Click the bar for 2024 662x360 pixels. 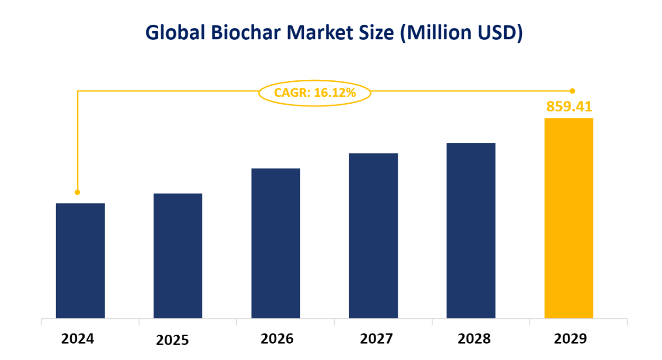pyautogui.click(x=80, y=261)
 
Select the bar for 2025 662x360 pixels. pyautogui.click(x=178, y=256)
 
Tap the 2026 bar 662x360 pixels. pyautogui.click(x=276, y=243)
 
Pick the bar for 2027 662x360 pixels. pyautogui.click(x=374, y=236)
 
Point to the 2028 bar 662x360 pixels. pyautogui.click(x=471, y=230)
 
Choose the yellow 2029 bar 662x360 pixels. pyautogui.click(x=568, y=218)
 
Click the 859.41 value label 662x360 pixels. pyautogui.click(x=569, y=106)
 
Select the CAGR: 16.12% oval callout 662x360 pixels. pyautogui.click(x=314, y=93)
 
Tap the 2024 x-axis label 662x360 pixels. pyautogui.click(x=78, y=338)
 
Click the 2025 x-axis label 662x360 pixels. pyautogui.click(x=172, y=340)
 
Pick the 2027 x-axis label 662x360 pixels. pyautogui.click(x=376, y=338)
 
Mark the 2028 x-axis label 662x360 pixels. pyautogui.click(x=474, y=338)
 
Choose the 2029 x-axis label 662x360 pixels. pyautogui.click(x=570, y=338)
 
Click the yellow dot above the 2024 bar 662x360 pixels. pyautogui.click(x=78, y=192)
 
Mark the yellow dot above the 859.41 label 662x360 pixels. pyautogui.click(x=572, y=91)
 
